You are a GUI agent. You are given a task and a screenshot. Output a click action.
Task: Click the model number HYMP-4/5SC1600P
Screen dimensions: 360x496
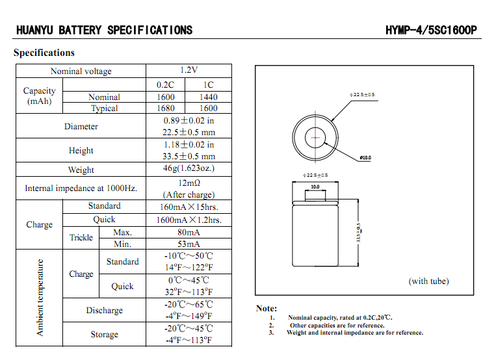[431, 31]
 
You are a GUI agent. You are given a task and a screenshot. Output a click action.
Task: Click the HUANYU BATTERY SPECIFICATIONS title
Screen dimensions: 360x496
[104, 31]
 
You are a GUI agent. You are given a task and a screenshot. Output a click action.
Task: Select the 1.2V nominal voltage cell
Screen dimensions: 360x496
[189, 70]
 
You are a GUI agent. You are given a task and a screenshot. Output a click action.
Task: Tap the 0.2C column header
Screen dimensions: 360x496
[166, 84]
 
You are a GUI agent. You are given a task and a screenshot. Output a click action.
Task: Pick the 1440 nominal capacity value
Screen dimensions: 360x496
[208, 97]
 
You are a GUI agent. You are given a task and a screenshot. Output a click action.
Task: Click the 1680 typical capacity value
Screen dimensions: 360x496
[166, 109]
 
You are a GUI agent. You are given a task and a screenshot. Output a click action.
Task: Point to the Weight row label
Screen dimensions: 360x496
[81, 170]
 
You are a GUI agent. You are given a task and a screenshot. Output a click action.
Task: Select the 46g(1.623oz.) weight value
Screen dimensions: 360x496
[189, 168]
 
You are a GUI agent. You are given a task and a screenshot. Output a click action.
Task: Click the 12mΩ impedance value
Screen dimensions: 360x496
[189, 183]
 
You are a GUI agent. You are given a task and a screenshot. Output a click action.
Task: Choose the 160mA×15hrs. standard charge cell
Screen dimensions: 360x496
[189, 207]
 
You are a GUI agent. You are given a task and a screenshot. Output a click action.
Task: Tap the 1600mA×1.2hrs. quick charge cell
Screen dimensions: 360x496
[189, 220]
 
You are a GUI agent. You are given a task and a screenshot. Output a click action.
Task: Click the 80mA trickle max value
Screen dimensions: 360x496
[189, 232]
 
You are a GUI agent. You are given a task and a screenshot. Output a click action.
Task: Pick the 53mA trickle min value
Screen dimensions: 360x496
[189, 244]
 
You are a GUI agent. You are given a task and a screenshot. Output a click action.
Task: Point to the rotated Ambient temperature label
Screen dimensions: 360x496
[40, 298]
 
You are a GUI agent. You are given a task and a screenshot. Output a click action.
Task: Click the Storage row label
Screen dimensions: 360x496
[104, 334]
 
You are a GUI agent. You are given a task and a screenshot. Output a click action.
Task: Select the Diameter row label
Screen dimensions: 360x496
[81, 126]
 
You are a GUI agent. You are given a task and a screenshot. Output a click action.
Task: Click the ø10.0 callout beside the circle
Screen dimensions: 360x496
[365, 157]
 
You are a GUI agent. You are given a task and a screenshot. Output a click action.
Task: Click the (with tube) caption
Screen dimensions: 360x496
[428, 281]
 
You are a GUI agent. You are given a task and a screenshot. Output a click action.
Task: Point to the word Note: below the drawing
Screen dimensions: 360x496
[267, 308]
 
